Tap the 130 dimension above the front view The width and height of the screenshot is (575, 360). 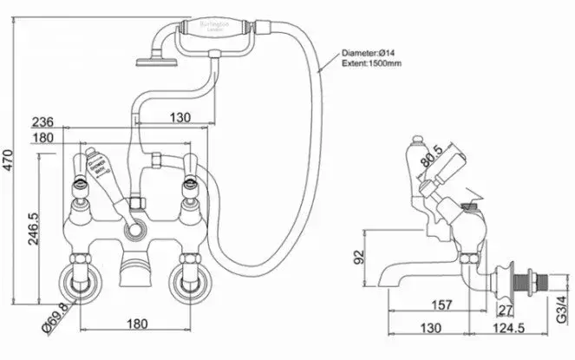pos(179,117)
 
